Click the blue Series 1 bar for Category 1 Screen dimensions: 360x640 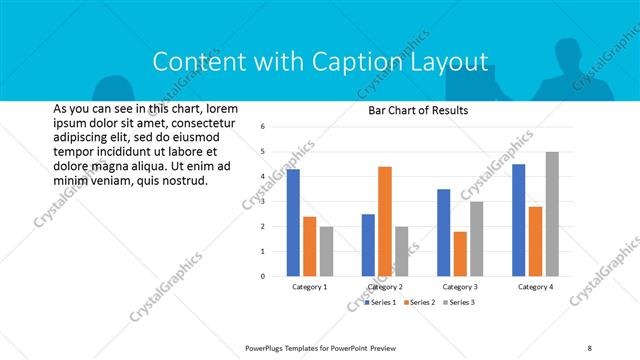click(293, 223)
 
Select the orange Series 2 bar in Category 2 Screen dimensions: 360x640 click(385, 221)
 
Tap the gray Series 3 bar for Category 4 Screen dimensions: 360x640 click(552, 214)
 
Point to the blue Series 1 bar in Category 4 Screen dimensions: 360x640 click(518, 220)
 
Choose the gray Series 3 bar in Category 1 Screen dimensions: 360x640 click(326, 251)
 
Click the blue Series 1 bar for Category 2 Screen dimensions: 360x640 click(368, 245)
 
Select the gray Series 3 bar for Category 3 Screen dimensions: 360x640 click(477, 239)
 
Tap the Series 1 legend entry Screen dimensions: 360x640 click(381, 301)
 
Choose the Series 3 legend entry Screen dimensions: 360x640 click(459, 301)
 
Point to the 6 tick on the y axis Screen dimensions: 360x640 click(261, 127)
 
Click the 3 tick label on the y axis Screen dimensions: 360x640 click(261, 202)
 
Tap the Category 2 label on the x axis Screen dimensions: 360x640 click(385, 287)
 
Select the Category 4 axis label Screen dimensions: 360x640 click(535, 287)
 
